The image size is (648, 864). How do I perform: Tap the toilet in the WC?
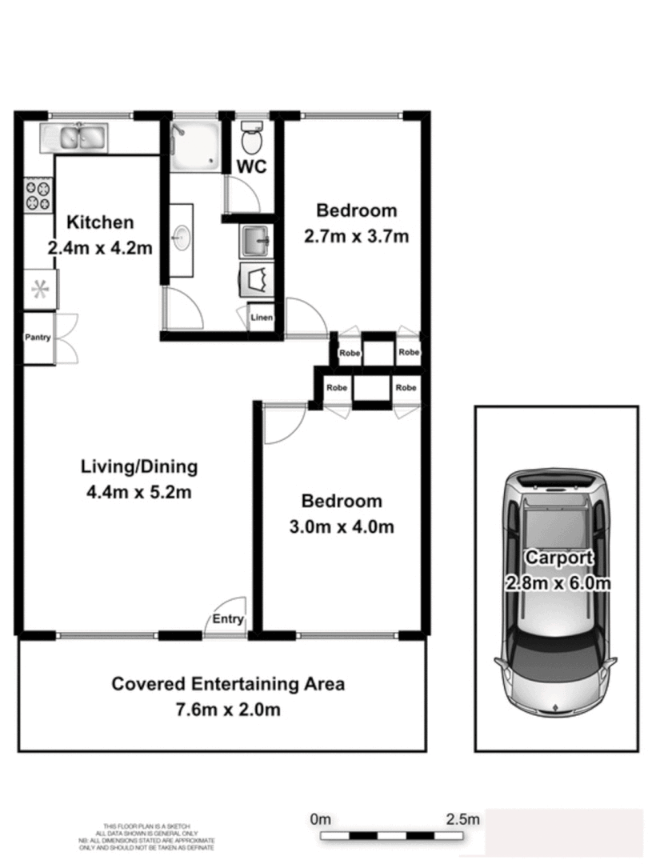point(251,138)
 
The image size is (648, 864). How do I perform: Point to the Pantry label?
point(38,338)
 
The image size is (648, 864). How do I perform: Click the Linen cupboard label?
point(262,318)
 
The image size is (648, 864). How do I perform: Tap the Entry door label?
point(227,619)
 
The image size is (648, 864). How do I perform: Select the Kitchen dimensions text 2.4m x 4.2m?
point(100,248)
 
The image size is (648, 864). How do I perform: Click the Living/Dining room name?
point(139,466)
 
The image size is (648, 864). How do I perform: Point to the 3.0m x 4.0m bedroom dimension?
point(342,527)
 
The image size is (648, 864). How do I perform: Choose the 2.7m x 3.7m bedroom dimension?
point(357,237)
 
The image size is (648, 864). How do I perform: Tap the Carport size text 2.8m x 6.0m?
point(558,583)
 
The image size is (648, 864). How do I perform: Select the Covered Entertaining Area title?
point(228,684)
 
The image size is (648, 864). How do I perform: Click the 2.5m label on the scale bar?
point(462,819)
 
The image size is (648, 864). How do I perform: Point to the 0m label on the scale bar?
point(320,819)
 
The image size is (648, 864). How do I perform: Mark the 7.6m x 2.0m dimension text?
point(228,710)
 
